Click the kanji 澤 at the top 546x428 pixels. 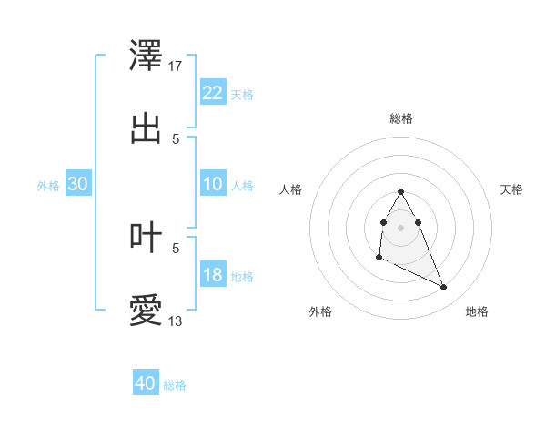[x=147, y=55]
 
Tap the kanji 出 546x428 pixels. [x=147, y=128]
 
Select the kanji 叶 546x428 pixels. [x=147, y=237]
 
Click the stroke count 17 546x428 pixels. [x=176, y=66]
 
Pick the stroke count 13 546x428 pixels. [x=176, y=321]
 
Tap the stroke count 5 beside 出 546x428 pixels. [x=176, y=138]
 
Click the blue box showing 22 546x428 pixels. [x=212, y=93]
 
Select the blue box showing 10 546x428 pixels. [x=212, y=184]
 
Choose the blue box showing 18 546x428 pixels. [x=212, y=275]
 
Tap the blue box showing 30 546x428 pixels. [x=78, y=184]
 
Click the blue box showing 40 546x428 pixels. [x=146, y=383]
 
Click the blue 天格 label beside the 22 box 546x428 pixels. [x=242, y=95]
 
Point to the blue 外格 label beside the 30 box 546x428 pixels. [x=48, y=186]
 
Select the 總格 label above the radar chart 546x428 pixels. [x=401, y=118]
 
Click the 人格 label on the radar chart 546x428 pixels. [x=291, y=189]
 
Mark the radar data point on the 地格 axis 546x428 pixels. [x=444, y=288]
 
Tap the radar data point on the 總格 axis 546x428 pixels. [x=401, y=191]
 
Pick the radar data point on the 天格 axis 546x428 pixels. [x=418, y=222]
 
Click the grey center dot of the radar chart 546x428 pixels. [x=401, y=227]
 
